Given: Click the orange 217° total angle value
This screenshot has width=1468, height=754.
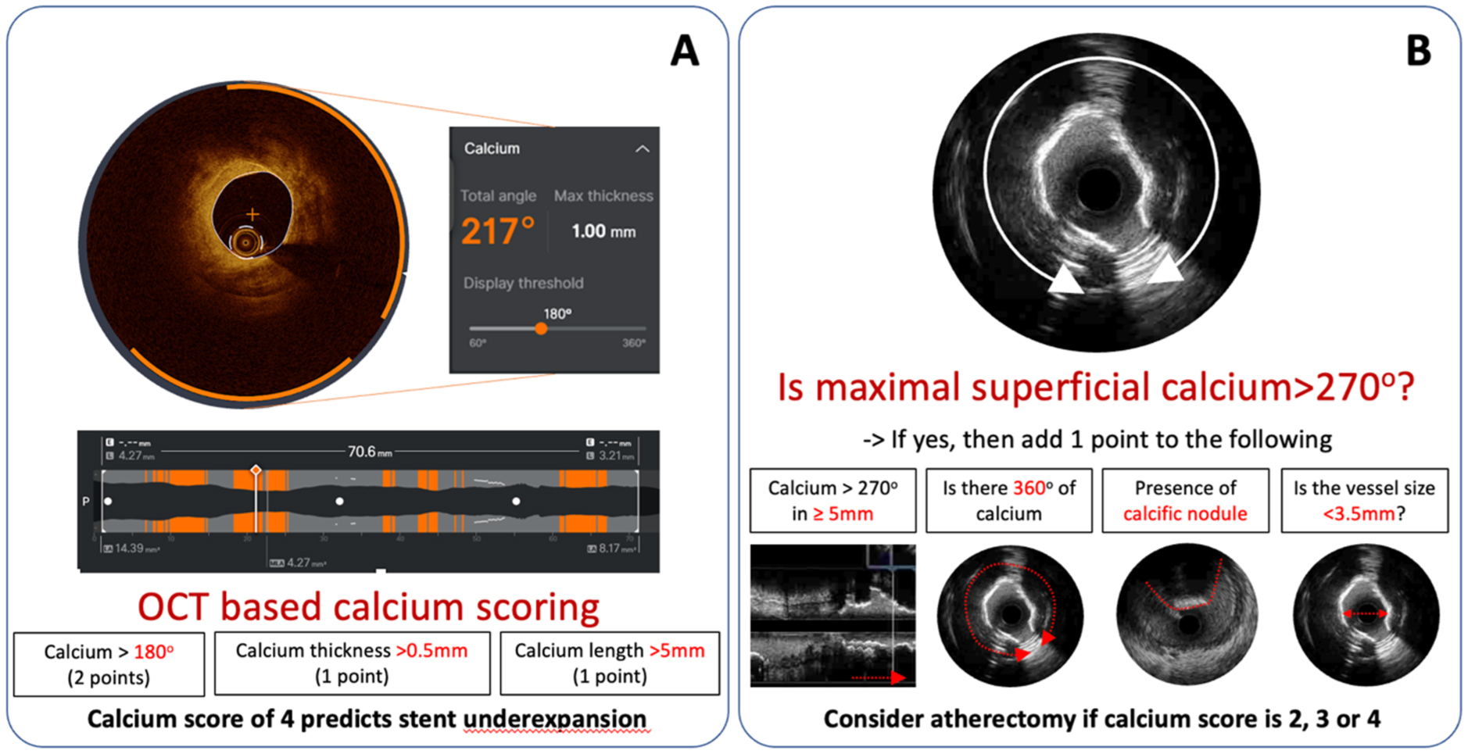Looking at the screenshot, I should coord(498,231).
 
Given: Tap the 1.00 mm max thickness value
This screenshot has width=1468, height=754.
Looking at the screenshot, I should coord(603,231).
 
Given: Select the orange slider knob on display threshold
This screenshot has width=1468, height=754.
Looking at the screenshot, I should coord(541,329).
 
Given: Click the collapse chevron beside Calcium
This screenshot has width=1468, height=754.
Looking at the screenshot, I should coord(642,148).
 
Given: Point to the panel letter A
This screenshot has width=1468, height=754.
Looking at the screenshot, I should coord(685,52).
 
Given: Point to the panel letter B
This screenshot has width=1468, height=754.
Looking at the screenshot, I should coord(1418,52).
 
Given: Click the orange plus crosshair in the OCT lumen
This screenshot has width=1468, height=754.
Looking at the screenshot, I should coord(252,214).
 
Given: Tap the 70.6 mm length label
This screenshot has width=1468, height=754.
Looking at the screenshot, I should coord(369,452).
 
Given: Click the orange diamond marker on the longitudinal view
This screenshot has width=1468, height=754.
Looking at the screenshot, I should coord(256,470).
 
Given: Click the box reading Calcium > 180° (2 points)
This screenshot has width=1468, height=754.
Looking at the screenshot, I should coord(109,664).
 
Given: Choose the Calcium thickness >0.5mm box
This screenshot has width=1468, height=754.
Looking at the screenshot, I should coord(352,663).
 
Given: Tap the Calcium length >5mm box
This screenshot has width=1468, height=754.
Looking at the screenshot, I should coord(609,663).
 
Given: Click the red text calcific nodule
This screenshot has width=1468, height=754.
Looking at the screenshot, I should coord(1185,513).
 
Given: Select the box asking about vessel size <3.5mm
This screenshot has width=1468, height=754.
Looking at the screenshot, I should coord(1364,501).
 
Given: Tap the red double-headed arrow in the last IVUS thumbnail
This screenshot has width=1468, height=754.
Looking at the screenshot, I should coord(1364,614).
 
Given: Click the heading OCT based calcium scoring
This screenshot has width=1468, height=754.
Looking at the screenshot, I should coord(368,607).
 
